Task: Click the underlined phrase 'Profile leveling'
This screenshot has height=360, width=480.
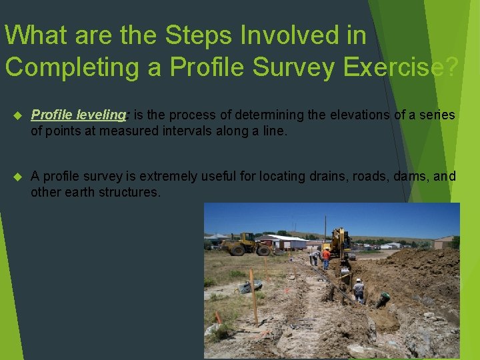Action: [x=78, y=115]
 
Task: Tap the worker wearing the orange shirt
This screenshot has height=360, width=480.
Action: [x=326, y=257]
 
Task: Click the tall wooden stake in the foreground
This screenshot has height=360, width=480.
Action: [x=253, y=297]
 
